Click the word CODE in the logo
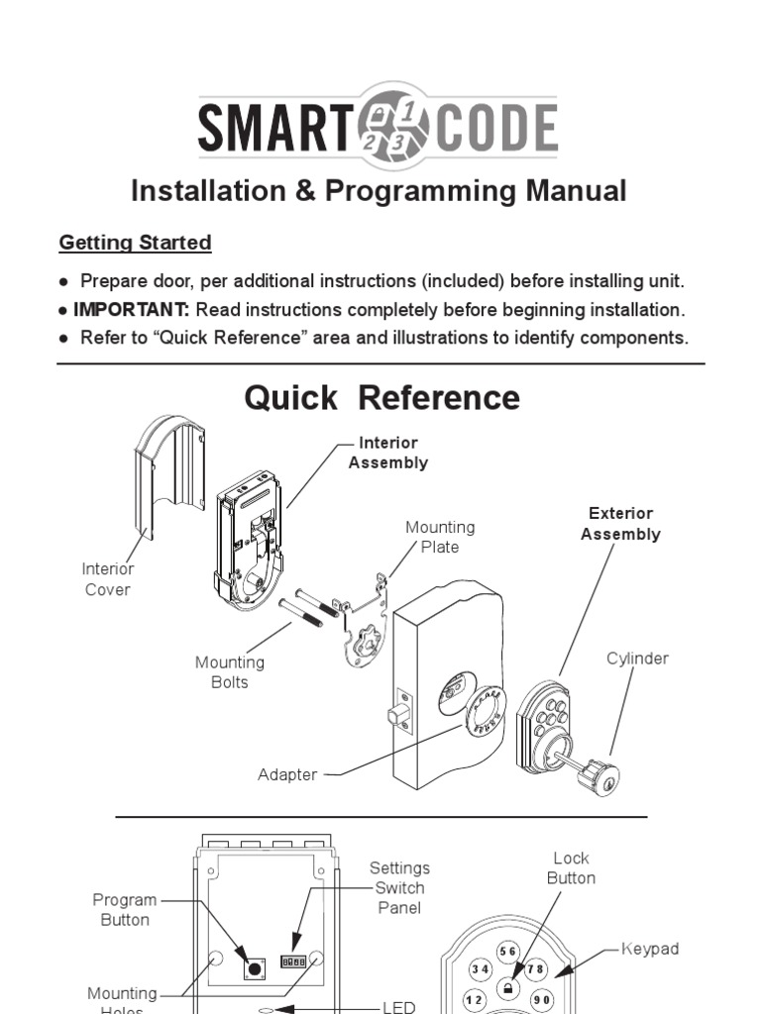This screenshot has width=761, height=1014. tap(493, 130)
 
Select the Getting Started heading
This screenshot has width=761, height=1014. tap(135, 243)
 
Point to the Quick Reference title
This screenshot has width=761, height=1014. tap(381, 397)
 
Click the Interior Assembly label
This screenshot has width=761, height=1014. tap(388, 453)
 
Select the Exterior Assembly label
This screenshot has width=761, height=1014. tap(620, 524)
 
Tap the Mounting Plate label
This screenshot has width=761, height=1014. tap(440, 537)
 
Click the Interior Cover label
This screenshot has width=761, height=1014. tap(107, 579)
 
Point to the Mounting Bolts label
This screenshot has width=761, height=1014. tap(229, 672)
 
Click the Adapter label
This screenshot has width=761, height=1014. tap(287, 774)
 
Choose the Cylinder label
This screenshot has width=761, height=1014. tap(637, 659)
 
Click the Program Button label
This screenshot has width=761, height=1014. tap(125, 909)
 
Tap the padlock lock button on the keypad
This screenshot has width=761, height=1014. tap(507, 987)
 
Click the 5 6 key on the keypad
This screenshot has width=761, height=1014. tap(508, 952)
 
